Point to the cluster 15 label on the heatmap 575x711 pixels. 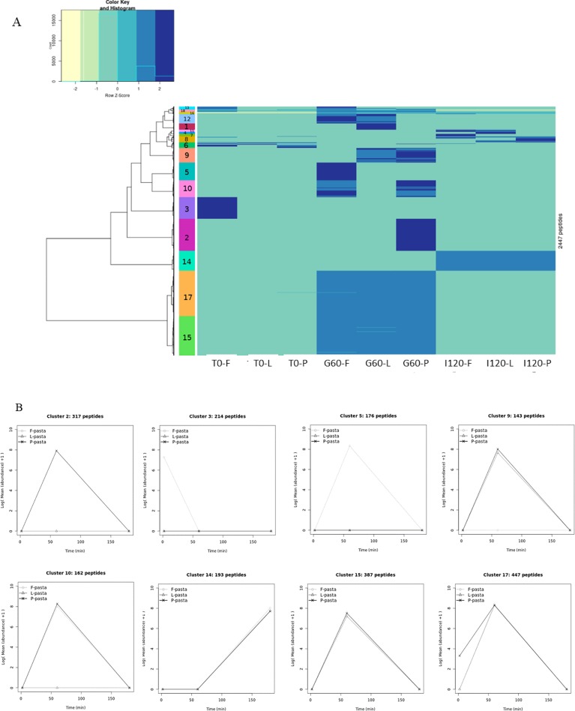point(187,337)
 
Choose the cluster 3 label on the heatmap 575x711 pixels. point(187,208)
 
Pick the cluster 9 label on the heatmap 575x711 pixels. point(187,155)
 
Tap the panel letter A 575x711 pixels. point(17,23)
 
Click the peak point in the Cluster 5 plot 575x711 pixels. point(349,445)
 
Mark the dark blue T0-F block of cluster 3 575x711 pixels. point(217,208)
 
